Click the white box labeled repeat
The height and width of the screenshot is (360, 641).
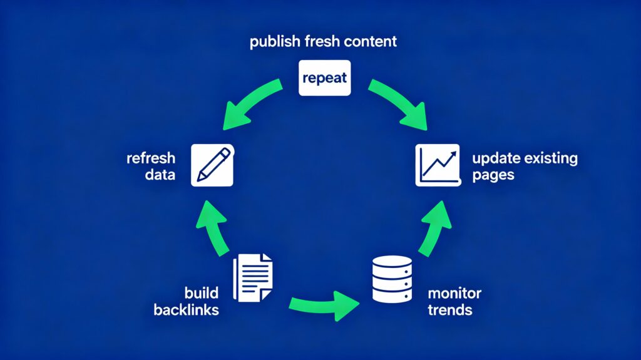[x=324, y=79]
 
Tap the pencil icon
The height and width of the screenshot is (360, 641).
[x=212, y=165]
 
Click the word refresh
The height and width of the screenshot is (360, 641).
[x=151, y=158]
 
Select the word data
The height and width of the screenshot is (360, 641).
[x=160, y=175]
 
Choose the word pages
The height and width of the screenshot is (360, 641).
[x=493, y=175]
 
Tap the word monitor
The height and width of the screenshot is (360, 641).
[x=454, y=293]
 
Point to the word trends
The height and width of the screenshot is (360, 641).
[x=449, y=310]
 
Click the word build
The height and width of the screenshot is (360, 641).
[x=202, y=293]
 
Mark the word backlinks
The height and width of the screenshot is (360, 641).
[x=186, y=310]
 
